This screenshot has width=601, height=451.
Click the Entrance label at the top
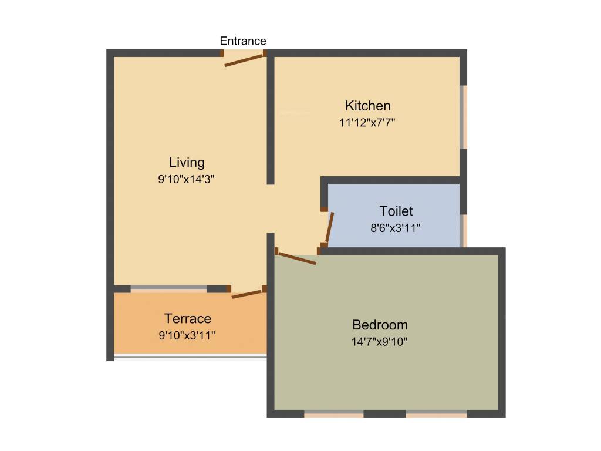click(x=243, y=41)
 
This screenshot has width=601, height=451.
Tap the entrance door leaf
click(x=243, y=60)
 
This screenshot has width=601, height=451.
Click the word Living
click(x=187, y=163)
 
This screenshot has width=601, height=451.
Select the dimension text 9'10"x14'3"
click(x=187, y=180)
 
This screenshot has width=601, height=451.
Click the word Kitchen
click(x=367, y=106)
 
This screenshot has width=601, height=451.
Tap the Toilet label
click(x=396, y=211)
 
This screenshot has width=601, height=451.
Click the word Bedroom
click(x=380, y=325)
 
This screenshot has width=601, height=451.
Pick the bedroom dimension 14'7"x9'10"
click(x=380, y=342)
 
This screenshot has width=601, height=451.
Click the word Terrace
click(x=187, y=319)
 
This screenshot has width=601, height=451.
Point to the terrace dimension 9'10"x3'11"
click(x=187, y=336)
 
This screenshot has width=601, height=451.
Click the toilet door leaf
click(x=330, y=228)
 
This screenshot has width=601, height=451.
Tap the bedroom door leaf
click(x=296, y=258)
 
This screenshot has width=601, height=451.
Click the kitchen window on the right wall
click(x=464, y=117)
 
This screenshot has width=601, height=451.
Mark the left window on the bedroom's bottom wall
click(x=333, y=414)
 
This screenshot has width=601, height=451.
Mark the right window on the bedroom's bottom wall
click(x=436, y=414)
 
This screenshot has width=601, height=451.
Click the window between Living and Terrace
click(x=168, y=289)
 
